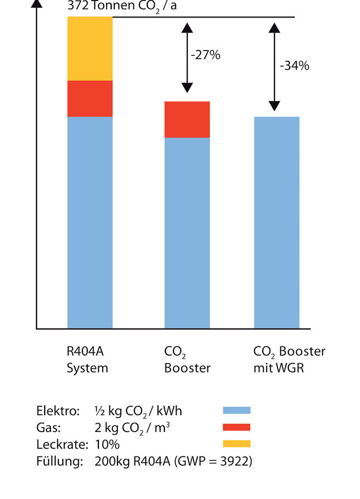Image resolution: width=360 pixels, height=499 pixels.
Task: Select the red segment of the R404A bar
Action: pos(90,98)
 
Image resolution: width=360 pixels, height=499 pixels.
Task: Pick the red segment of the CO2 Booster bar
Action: pos(187,120)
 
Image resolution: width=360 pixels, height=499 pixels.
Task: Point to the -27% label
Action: pos(205,55)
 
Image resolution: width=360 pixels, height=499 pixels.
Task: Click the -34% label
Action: pos(294,66)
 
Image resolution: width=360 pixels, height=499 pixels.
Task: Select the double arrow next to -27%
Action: pos(186,57)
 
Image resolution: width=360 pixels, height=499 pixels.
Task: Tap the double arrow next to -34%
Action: pos(274,66)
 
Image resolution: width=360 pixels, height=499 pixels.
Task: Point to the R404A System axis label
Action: pos(87,359)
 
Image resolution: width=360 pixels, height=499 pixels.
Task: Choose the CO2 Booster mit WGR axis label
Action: pos(289,359)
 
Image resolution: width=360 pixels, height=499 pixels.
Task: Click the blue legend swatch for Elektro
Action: pos(236,410)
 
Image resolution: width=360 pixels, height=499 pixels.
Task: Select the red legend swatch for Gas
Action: pos(236,427)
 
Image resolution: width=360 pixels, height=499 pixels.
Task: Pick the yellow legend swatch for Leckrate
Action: pos(236,444)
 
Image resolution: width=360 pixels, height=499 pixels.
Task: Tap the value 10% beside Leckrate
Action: pos(107,444)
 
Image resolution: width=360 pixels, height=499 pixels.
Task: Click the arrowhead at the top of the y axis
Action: pos(37,4)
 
